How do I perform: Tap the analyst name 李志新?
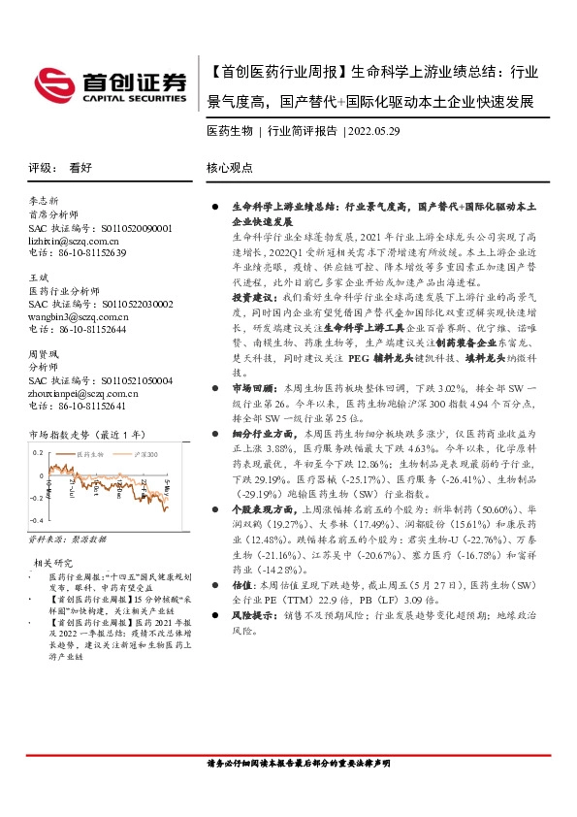point(45,199)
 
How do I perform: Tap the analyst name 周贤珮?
point(45,355)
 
